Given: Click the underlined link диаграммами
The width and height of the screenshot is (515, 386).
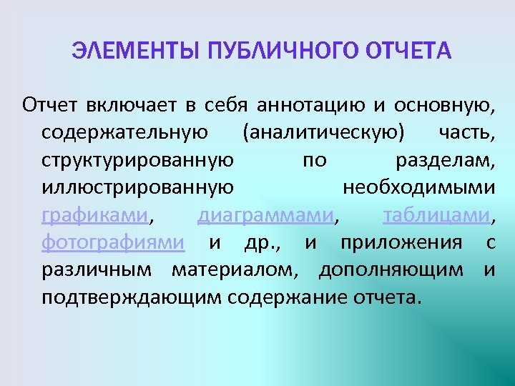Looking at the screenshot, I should click(265, 215).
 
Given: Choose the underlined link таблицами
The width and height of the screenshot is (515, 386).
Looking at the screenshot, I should click(436, 215).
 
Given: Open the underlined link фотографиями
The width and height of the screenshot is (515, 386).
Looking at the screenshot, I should click(113, 242).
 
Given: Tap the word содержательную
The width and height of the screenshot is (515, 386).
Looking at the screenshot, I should click(125, 134).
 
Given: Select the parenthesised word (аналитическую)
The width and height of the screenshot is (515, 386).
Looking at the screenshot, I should click(323, 134).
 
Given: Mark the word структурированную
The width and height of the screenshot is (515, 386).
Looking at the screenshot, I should click(137, 161).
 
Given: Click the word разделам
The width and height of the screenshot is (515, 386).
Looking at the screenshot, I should click(443, 161).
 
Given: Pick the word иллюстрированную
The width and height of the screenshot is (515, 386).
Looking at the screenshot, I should click(137, 188).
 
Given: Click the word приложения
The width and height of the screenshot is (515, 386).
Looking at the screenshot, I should click(401, 242).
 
